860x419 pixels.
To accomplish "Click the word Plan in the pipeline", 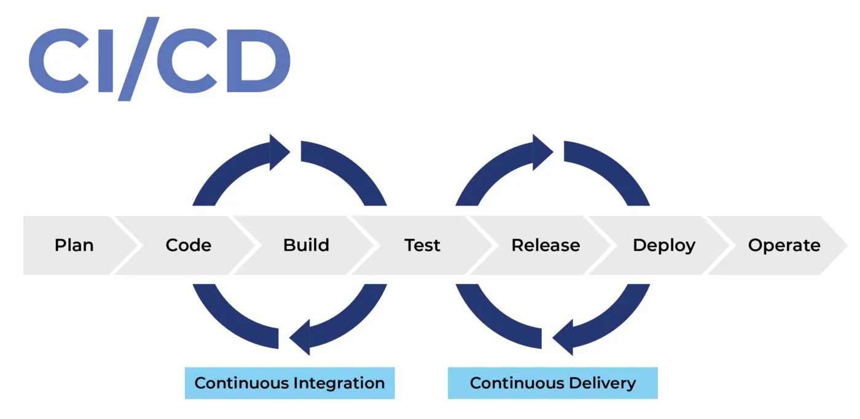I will click(74, 245).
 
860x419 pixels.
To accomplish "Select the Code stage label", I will click(189, 245).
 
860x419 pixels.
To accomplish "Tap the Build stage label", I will click(306, 245).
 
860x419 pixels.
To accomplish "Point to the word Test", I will click(423, 245).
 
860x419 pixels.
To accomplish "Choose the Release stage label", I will click(545, 245).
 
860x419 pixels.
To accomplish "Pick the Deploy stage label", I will click(664, 245).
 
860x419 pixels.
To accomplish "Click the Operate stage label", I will click(784, 245).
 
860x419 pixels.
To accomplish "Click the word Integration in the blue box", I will click(339, 383).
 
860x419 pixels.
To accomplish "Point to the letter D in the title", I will click(254, 60).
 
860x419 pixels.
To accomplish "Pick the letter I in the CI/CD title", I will click(107, 60).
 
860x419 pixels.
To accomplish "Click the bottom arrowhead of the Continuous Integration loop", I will click(300, 338).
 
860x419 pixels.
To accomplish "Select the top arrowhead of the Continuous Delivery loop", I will click(542, 152).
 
